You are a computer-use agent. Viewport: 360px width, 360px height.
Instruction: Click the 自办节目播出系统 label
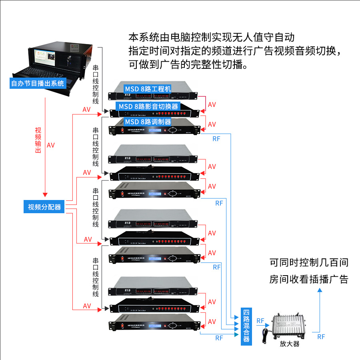[x=37, y=84]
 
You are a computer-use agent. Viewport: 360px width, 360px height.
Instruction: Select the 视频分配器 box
[x=44, y=207]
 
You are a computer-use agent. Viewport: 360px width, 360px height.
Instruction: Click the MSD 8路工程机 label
[x=148, y=88]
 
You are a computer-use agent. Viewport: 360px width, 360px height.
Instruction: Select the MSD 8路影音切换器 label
[x=148, y=106]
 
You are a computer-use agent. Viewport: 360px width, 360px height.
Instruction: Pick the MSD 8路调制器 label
[x=148, y=122]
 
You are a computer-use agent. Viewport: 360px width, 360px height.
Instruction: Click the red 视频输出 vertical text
[x=38, y=140]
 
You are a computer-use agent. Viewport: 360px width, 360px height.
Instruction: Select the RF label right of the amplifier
[x=321, y=336]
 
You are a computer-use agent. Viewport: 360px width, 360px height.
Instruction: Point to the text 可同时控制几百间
[x=309, y=263]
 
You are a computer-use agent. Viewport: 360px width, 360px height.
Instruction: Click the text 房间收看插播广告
[x=309, y=279]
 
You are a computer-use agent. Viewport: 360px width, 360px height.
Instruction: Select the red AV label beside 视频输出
[x=51, y=145]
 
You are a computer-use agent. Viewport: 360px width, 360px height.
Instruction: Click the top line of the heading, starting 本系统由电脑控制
[x=212, y=38]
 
